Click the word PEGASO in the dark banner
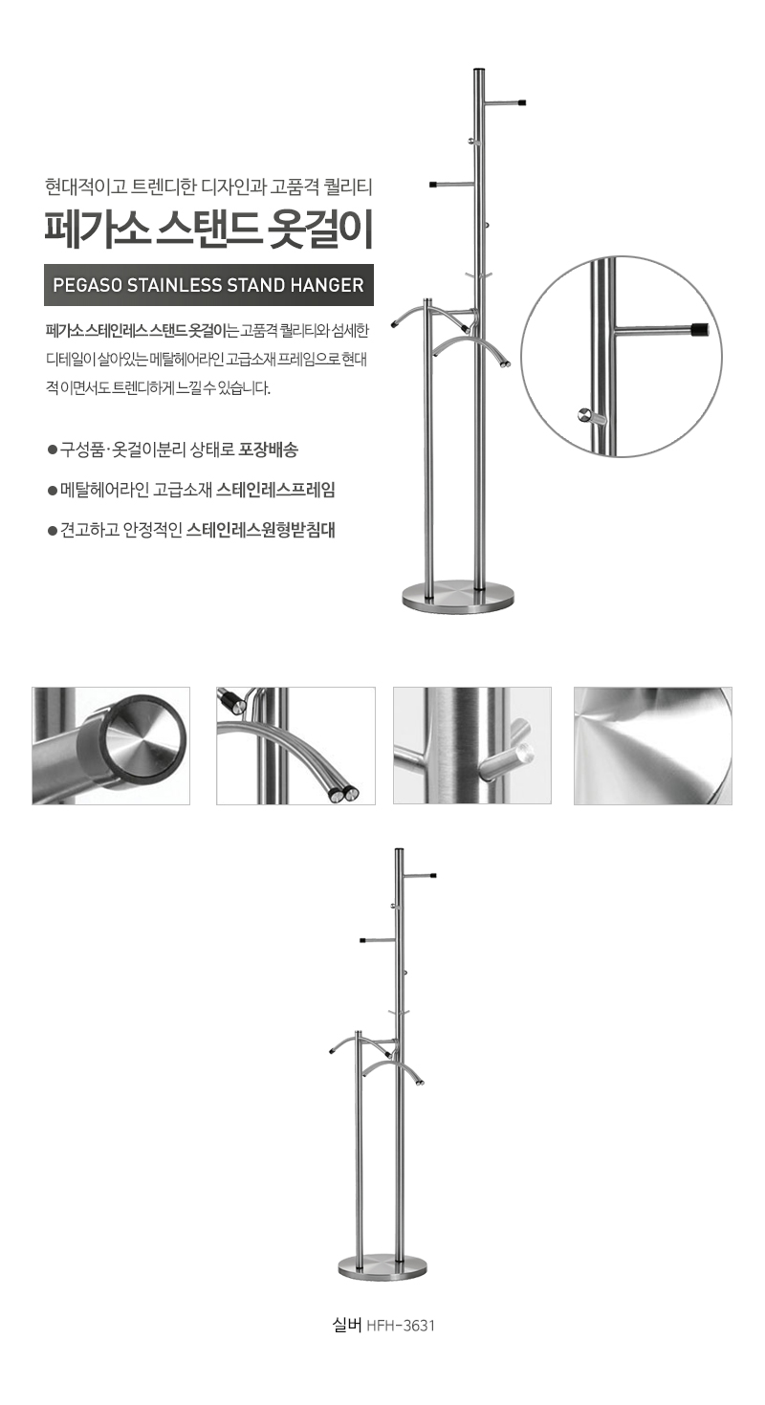point(87,285)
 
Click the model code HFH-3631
point(400,1326)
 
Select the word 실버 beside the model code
point(347,1326)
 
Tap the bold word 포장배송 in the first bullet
point(269,450)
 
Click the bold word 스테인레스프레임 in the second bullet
point(276,490)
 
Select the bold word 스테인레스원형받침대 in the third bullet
point(261,530)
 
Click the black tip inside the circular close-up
point(699,328)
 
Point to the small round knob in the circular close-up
point(584,414)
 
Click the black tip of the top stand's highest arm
point(522,101)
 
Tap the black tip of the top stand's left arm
point(432,185)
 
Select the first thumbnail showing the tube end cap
point(111,746)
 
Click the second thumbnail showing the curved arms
point(296,746)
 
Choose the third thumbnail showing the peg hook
point(472,746)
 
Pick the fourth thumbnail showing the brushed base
point(653,746)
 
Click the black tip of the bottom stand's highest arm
point(433,875)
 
